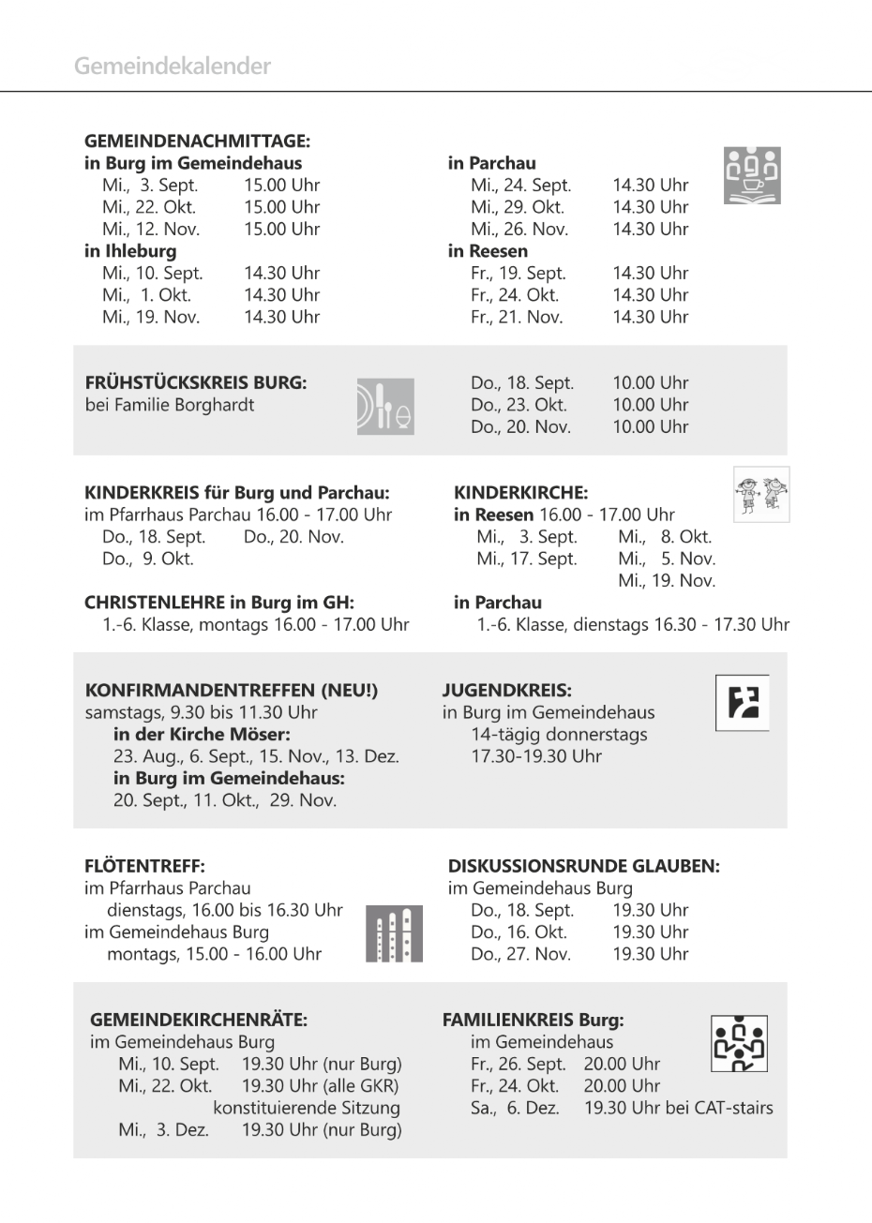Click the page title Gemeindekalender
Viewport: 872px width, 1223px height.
pos(173,67)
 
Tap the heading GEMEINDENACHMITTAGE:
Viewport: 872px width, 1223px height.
pos(197,142)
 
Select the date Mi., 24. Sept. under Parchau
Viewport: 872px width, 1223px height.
pos(520,186)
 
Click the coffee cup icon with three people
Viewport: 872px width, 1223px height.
pos(752,175)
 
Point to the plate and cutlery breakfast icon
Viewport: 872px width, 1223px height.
pos(384,406)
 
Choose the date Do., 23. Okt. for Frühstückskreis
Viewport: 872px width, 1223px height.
pos(519,405)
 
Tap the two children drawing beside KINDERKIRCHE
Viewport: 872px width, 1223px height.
pos(760,494)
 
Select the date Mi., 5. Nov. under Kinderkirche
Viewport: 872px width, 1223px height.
pos(666,559)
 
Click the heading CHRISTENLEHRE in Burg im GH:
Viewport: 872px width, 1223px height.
pos(219,603)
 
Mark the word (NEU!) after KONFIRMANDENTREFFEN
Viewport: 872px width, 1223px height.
pos(350,691)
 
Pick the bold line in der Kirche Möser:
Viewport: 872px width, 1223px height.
pos(202,735)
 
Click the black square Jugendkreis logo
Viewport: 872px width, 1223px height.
pos(743,702)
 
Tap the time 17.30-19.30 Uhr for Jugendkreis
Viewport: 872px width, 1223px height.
pos(536,756)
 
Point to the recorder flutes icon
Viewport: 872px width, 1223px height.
pos(394,933)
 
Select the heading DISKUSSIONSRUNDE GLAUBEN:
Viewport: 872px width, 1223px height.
pos(583,867)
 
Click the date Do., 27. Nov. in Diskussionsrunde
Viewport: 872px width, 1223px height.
pos(520,954)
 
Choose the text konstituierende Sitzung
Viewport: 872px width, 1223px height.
pos(307,1108)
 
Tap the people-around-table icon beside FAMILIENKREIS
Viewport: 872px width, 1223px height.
pos(739,1043)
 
